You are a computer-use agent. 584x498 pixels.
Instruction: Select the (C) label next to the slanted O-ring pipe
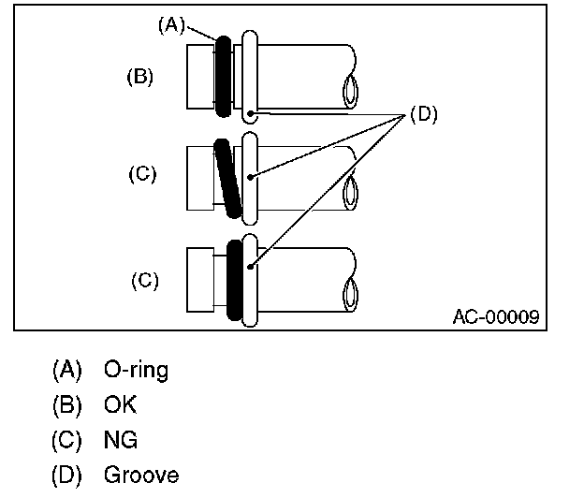point(142,175)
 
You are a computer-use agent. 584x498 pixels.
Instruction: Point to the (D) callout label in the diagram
point(423,115)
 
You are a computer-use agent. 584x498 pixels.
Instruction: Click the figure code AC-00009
point(495,316)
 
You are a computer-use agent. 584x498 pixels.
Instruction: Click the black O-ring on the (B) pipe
point(223,77)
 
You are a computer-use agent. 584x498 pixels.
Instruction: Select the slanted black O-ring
point(227,177)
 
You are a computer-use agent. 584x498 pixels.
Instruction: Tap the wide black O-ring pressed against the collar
point(234,278)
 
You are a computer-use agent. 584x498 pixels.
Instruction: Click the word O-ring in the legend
point(137,371)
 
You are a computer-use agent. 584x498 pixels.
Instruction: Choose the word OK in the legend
point(121,405)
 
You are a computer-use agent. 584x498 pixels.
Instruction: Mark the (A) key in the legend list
point(66,371)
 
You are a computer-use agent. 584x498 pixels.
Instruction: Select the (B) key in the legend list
point(66,405)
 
